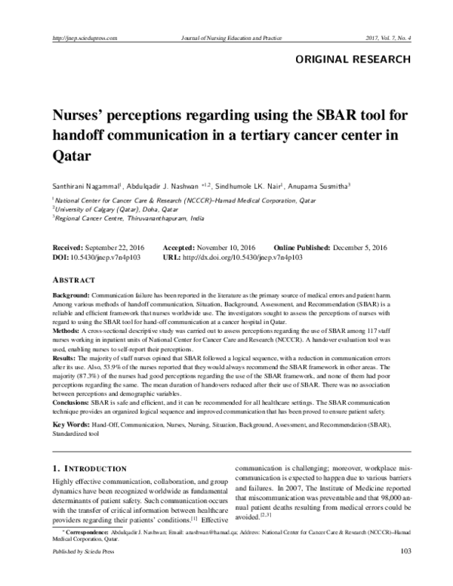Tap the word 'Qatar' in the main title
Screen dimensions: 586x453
[x=72, y=159]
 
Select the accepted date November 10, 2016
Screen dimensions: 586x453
[x=226, y=248]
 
